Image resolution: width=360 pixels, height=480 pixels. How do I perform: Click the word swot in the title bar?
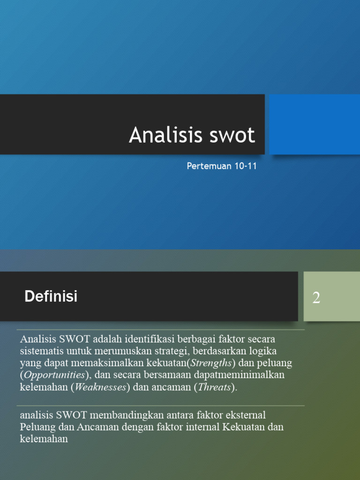[229, 135]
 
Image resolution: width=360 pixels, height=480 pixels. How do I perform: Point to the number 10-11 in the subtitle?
[245, 166]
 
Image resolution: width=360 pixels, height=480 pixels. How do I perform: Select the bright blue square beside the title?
[314, 124]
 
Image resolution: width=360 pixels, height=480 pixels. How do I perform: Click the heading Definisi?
[51, 296]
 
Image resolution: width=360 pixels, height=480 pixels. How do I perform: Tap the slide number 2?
[316, 298]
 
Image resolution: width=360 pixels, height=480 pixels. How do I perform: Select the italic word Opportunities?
[54, 375]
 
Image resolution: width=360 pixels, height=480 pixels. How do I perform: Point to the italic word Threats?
[215, 387]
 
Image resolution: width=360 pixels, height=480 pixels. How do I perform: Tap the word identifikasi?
[149, 338]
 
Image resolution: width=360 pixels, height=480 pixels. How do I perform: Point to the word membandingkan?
[122, 415]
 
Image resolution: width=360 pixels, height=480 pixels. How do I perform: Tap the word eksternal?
[245, 415]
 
